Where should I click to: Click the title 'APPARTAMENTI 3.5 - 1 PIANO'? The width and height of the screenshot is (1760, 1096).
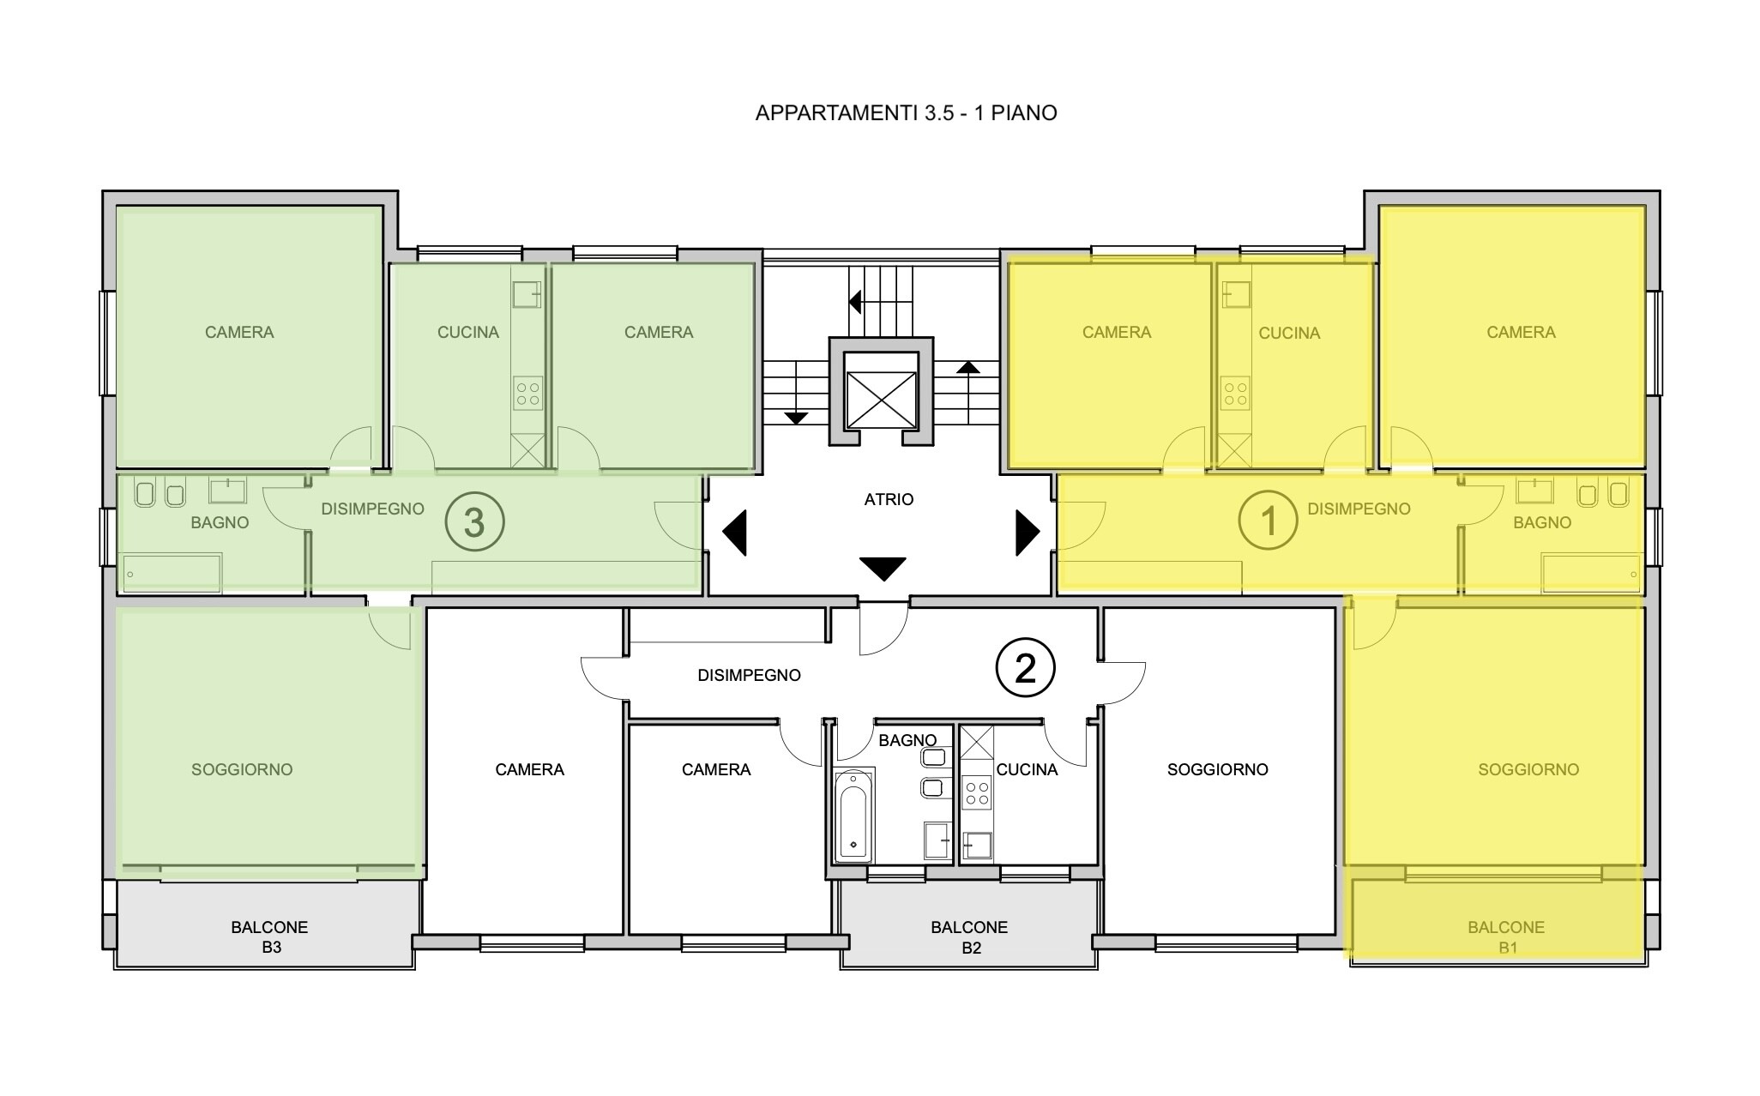click(906, 113)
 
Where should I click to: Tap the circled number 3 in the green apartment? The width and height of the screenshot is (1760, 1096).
click(473, 522)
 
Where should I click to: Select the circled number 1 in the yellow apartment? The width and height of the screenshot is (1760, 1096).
click(1269, 521)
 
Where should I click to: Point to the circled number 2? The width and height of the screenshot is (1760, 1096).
click(1025, 667)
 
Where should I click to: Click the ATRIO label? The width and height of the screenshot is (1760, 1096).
click(889, 499)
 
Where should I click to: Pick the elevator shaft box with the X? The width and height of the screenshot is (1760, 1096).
click(881, 389)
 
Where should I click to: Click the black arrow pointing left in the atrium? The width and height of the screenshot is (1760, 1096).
click(735, 533)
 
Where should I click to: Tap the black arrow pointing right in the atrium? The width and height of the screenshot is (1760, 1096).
click(1028, 533)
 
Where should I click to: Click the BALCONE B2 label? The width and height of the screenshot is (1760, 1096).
click(969, 937)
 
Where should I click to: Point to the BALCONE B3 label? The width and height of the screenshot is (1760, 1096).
click(269, 937)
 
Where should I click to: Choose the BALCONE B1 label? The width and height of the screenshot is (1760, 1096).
click(1506, 937)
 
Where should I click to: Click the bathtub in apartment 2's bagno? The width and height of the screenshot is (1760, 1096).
click(854, 815)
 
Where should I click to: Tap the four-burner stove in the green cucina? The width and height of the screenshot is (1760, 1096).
click(528, 394)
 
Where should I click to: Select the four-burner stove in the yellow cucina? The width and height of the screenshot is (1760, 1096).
click(1235, 394)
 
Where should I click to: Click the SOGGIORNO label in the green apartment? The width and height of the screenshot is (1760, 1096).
click(242, 770)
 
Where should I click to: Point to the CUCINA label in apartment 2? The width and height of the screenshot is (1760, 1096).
click(1027, 770)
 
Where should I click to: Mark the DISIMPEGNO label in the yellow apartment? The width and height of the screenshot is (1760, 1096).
click(1359, 509)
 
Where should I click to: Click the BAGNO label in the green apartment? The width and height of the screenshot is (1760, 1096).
click(220, 523)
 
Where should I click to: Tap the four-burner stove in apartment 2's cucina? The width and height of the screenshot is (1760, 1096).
click(977, 792)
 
